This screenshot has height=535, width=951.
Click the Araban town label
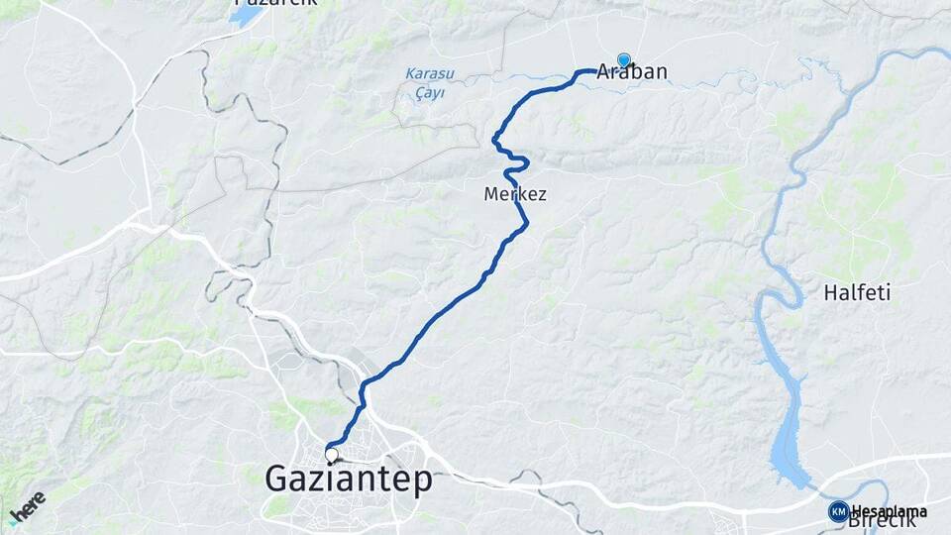(x=634, y=72)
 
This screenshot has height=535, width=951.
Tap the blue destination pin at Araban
(x=624, y=60)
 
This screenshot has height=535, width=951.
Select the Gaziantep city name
(x=349, y=480)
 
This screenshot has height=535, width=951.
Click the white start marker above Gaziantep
(x=331, y=456)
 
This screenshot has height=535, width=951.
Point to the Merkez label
(x=515, y=194)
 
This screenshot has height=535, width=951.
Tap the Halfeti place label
(x=857, y=292)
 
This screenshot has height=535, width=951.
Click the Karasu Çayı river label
(x=426, y=83)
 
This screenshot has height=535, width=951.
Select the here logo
(x=27, y=508)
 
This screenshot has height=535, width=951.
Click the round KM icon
(x=838, y=511)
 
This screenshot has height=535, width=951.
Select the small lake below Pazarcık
(x=246, y=17)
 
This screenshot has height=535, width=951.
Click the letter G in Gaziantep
(x=278, y=480)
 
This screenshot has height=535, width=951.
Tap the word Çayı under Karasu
(x=429, y=93)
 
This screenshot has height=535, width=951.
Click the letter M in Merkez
(x=491, y=194)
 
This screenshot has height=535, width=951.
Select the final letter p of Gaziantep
(x=423, y=482)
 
